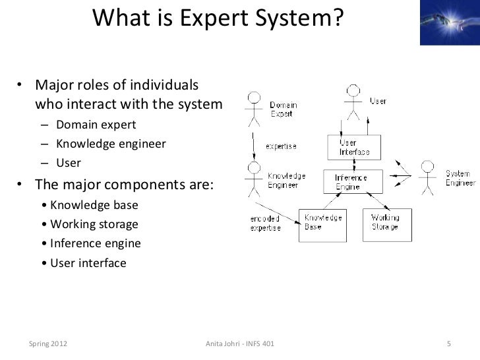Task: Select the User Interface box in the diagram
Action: pos(354,147)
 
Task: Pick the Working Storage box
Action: pos(388,222)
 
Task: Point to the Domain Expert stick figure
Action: pos(253,109)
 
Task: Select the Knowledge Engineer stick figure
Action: pos(253,177)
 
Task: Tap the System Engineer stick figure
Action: pos(428,177)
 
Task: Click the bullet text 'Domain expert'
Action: pos(96,125)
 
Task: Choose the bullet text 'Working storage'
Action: pos(94,224)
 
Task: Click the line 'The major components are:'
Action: pos(124,184)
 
